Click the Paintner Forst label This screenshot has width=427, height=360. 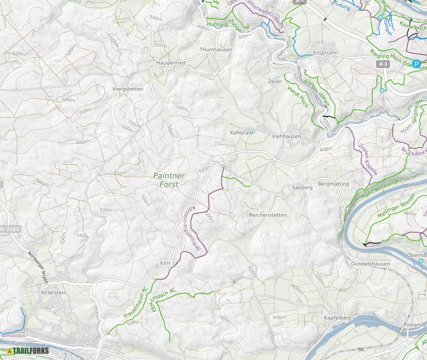click(169, 180)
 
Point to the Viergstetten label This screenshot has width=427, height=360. click(128, 89)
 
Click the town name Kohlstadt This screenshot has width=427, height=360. click(242, 133)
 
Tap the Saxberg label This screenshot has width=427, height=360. click(302, 187)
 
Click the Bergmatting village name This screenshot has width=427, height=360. click(334, 184)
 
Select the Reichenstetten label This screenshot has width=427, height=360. click(268, 215)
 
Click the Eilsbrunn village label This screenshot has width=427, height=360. click(325, 52)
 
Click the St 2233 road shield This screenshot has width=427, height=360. click(10, 229)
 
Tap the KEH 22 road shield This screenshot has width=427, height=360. click(169, 263)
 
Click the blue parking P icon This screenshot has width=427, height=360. click(416, 63)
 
